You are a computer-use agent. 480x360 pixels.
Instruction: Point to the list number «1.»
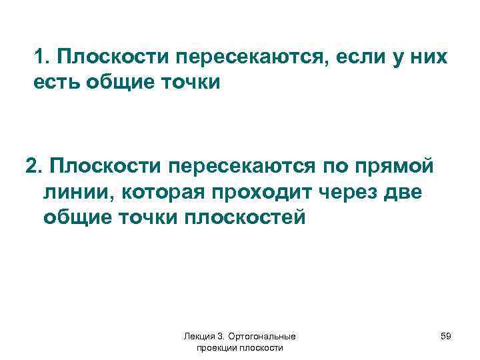43,58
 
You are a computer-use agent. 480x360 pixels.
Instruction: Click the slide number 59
446,337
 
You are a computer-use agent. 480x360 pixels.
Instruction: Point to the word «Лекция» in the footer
198,337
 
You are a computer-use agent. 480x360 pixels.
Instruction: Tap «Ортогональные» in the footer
265,337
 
